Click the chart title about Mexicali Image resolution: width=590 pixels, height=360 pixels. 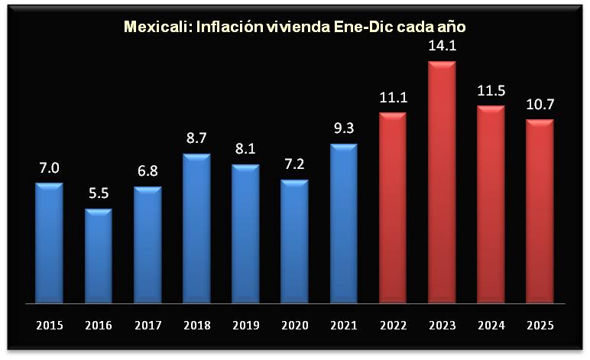(x=295, y=28)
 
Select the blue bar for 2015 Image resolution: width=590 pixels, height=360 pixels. (x=49, y=242)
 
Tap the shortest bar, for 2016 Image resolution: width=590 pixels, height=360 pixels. (x=99, y=255)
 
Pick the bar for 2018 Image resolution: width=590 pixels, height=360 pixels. (x=196, y=228)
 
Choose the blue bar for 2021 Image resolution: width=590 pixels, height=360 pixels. (x=343, y=223)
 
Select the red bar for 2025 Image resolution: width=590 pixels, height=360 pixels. (x=540, y=211)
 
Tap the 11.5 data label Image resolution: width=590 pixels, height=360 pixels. (x=491, y=91)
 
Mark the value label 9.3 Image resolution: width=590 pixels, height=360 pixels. (x=343, y=129)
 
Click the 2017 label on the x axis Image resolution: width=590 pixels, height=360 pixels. (x=147, y=325)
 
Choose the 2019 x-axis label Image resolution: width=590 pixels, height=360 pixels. (x=245, y=325)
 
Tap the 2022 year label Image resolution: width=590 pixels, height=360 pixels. (x=393, y=325)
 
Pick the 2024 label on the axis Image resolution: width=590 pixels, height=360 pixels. (x=491, y=325)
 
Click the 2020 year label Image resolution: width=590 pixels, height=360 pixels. (x=294, y=325)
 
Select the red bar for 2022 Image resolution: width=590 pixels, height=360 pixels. (x=393, y=207)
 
